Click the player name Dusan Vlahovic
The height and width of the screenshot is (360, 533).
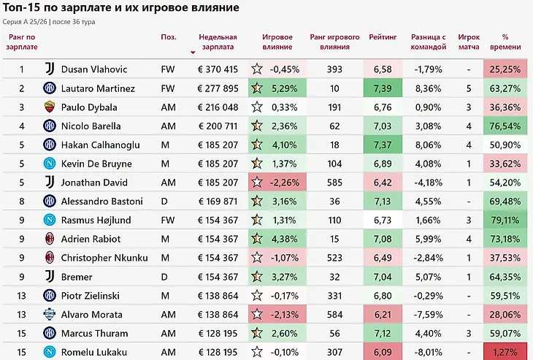[93, 69]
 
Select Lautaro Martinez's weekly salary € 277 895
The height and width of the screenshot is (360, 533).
[218, 88]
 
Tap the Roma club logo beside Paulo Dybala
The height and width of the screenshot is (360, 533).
[50, 107]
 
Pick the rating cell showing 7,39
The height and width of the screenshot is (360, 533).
[383, 88]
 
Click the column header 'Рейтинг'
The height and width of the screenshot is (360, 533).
[383, 37]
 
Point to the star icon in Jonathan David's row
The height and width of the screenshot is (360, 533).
[257, 183]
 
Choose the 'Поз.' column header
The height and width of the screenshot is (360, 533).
[169, 37]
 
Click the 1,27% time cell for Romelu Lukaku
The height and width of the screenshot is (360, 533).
[505, 351]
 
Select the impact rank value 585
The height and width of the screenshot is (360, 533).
[334, 183]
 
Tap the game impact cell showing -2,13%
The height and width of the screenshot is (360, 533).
[277, 314]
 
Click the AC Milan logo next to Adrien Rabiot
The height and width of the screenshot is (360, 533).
[50, 239]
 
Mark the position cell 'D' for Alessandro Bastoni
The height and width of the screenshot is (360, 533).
[164, 202]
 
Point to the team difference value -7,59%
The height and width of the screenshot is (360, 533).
[429, 315]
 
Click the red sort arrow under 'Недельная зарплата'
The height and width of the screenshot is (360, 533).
[193, 53]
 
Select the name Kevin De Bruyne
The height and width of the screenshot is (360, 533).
[96, 164]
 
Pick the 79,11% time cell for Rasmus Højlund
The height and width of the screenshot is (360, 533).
[505, 220]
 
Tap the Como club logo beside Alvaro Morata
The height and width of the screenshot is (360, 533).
[50, 314]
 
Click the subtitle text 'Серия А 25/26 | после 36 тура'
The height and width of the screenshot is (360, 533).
[49, 22]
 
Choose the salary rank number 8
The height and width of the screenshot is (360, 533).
[22, 202]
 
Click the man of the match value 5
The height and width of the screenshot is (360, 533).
[469, 89]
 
